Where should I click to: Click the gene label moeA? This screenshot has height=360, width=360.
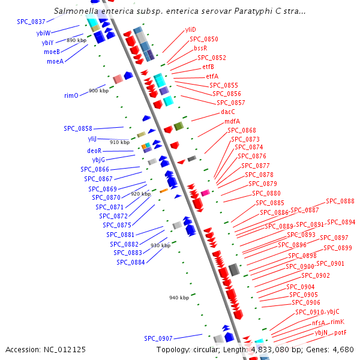click(55, 61)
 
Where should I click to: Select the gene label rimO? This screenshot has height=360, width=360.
click(71, 95)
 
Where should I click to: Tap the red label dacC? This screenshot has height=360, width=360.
click(228, 112)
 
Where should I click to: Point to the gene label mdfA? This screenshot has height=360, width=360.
click(232, 121)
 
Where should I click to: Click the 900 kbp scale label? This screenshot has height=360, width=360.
click(98, 91)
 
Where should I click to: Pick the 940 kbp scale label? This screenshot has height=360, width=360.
click(179, 298)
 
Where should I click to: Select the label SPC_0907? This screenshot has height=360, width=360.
click(158, 338)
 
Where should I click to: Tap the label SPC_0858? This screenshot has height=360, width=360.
click(78, 128)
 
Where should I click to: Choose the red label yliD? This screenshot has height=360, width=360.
click(190, 29)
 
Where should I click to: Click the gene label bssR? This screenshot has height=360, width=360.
click(200, 48)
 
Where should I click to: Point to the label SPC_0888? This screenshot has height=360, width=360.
click(340, 202)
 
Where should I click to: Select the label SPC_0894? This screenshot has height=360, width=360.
click(341, 222)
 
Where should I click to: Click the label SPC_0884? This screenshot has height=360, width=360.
click(131, 262)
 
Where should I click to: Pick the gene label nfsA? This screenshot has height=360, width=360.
click(319, 322)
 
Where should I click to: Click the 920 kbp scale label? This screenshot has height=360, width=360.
click(140, 194)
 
